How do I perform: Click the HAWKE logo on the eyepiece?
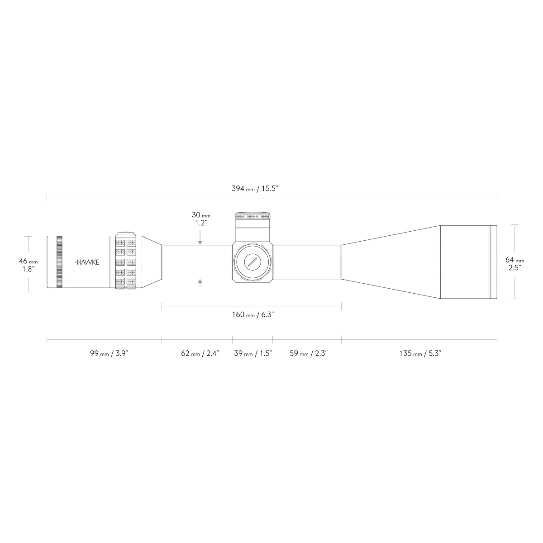pos(87,262)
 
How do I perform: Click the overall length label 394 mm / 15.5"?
pos(255,189)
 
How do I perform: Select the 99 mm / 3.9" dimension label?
pos(109,353)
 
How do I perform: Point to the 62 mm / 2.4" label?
pos(200,353)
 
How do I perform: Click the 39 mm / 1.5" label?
pos(253,353)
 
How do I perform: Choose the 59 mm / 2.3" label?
pos(309,353)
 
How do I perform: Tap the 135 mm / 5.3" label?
pos(420,353)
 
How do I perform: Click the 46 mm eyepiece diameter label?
pos(28,265)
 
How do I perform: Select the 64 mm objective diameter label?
pos(514,263)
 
